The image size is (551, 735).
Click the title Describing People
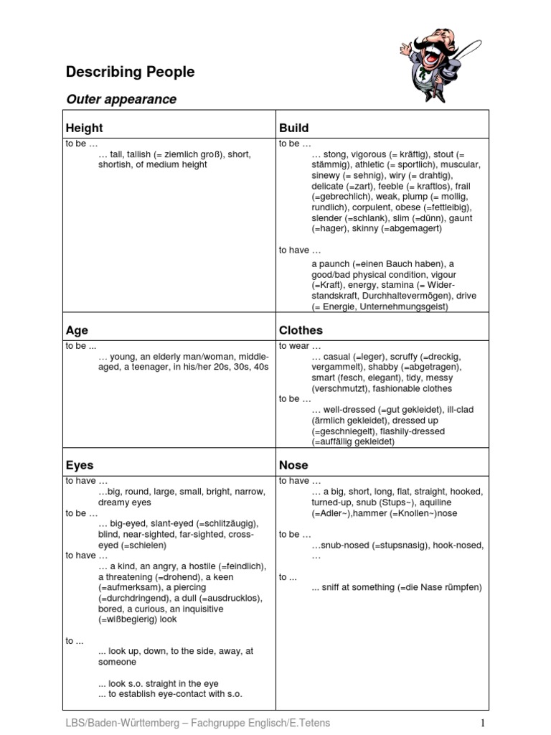tap(130, 72)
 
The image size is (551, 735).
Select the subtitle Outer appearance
tap(121, 99)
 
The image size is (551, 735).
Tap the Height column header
tap(84, 128)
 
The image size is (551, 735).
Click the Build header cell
tap(293, 128)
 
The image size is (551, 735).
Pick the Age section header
tap(77, 330)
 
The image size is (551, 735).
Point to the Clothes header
tap(301, 330)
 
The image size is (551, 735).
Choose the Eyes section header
tap(80, 465)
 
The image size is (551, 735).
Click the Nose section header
tap(293, 465)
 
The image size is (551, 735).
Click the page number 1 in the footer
tap(484, 722)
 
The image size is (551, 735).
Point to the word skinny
tap(365, 229)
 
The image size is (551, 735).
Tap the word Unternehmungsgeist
tap(406, 306)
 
